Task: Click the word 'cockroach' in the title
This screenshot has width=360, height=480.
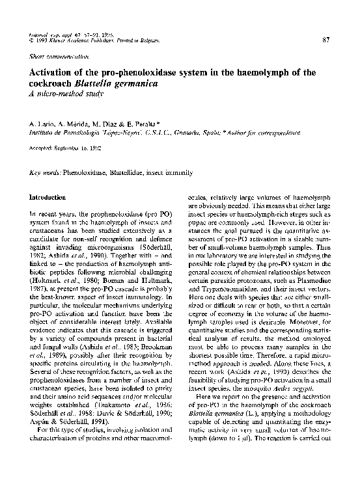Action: coord(52,83)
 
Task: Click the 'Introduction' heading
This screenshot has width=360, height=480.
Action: coord(48,196)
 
